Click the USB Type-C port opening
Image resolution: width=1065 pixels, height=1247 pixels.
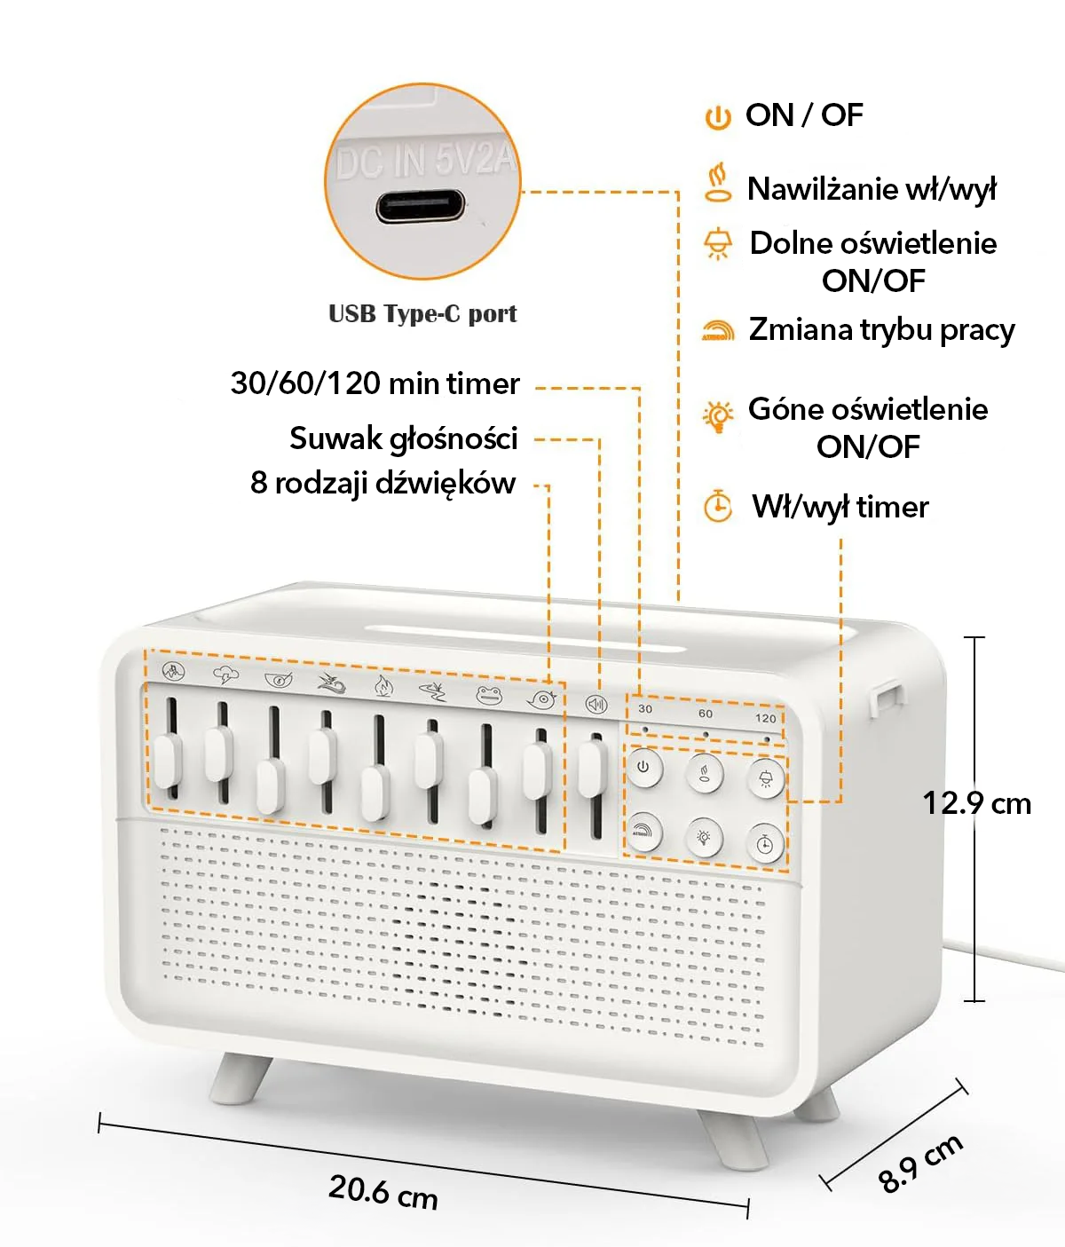[x=421, y=207]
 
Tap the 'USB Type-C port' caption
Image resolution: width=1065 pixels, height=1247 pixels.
[x=422, y=314]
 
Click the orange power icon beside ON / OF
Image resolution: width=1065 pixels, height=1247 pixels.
[x=717, y=116]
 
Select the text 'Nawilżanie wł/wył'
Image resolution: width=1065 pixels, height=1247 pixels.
[x=872, y=189]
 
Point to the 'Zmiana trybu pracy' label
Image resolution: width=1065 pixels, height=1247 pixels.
[x=881, y=329]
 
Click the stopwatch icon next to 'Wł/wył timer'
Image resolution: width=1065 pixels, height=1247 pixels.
[x=717, y=506]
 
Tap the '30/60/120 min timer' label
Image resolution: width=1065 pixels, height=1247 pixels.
[x=375, y=383]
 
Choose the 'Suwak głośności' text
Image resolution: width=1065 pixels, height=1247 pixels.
[x=403, y=438]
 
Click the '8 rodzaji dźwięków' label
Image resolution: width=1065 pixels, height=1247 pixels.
[x=383, y=483]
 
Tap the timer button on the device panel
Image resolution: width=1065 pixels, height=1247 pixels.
[x=765, y=842]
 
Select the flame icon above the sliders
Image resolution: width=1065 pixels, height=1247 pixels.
[x=383, y=685]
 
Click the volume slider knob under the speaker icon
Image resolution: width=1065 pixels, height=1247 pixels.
[x=592, y=769]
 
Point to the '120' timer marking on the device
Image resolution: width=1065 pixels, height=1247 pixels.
[x=765, y=718]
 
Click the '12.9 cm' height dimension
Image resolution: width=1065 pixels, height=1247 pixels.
[x=976, y=803]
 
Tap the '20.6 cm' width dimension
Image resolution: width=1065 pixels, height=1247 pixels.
[x=383, y=1191]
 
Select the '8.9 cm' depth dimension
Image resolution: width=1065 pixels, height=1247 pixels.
[x=920, y=1163]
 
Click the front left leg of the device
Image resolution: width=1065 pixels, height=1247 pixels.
[x=240, y=1077]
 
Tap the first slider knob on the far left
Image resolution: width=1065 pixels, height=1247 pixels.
[x=167, y=761]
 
